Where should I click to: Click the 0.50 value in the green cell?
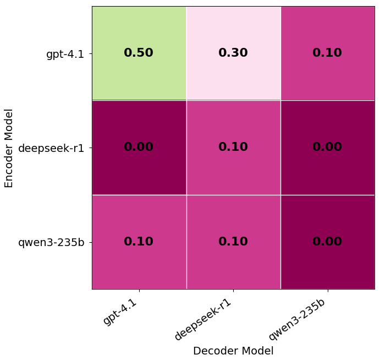pos(139,53)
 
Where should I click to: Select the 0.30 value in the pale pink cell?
pos(233,53)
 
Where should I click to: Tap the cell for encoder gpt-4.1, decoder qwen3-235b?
pos(327,53)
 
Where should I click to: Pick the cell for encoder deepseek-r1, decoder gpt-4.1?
pos(139,148)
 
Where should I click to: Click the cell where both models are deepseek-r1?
pos(233,148)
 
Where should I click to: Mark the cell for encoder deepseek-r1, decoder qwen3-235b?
pos(327,148)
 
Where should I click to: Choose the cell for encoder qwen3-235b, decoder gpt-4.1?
pos(139,242)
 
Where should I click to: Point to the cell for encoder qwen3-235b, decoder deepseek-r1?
pos(233,242)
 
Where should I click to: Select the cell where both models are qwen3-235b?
pos(327,242)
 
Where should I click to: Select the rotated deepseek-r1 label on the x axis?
pos(203,319)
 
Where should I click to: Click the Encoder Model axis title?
pos(9,148)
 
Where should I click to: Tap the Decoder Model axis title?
pos(233,351)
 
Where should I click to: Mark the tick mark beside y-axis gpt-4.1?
pos(90,53)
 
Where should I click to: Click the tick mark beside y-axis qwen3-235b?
pos(90,242)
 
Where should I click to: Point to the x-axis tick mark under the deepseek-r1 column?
pos(233,291)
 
